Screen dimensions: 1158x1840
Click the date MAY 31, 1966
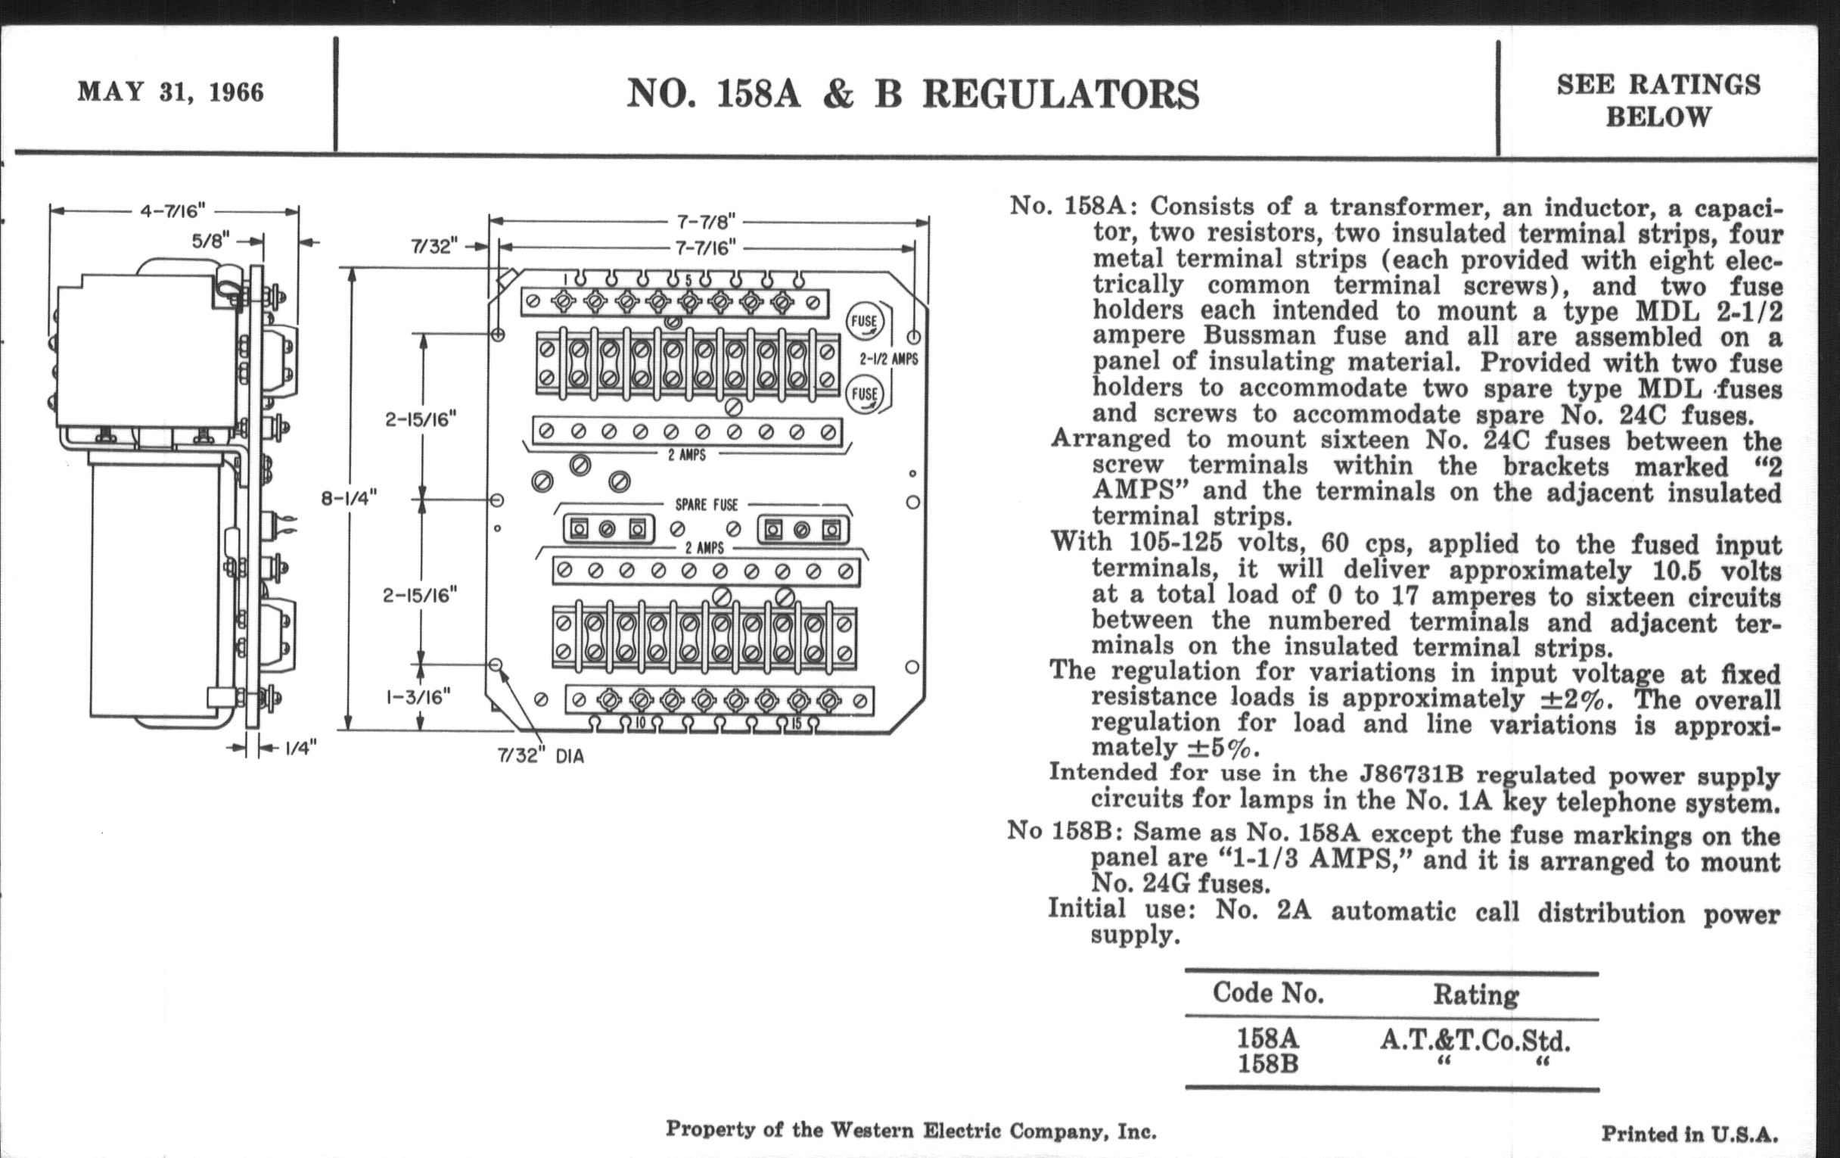(x=170, y=92)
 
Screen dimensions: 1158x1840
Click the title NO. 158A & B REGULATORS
(x=912, y=95)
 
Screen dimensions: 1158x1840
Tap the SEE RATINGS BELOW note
(x=1658, y=100)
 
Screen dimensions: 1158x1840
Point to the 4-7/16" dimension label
(x=172, y=210)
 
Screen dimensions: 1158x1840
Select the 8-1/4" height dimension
(x=350, y=498)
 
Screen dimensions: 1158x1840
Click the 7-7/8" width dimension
(x=706, y=222)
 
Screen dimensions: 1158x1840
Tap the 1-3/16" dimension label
(x=418, y=696)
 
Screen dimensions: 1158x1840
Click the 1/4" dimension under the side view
(x=300, y=748)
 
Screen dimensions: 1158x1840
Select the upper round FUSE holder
(x=864, y=322)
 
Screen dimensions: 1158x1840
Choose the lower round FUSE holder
(x=864, y=394)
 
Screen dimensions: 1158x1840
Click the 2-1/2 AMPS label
(x=889, y=360)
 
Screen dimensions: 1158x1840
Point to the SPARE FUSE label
(x=706, y=506)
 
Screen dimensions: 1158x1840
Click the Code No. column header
(x=1268, y=993)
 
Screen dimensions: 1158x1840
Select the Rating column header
(x=1475, y=995)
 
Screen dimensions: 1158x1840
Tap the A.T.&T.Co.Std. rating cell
(x=1475, y=1040)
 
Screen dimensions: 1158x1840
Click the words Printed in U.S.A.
(x=1689, y=1135)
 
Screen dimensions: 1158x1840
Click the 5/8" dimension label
(x=210, y=241)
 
